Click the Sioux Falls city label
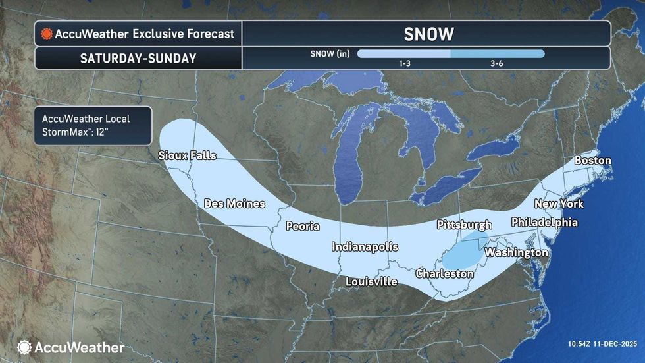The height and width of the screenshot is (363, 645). click(x=187, y=155)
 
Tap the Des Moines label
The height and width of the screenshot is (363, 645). click(x=234, y=204)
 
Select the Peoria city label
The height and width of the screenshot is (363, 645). click(x=302, y=226)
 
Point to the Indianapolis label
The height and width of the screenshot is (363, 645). click(x=365, y=247)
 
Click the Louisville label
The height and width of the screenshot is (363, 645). click(x=371, y=281)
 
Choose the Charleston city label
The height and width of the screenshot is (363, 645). click(x=444, y=273)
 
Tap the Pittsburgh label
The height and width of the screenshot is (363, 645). click(x=464, y=225)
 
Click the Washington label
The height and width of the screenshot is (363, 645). click(x=516, y=252)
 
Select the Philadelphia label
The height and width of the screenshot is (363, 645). click(x=544, y=223)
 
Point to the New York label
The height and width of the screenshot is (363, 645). click(x=559, y=204)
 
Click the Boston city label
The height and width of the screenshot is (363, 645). click(x=592, y=161)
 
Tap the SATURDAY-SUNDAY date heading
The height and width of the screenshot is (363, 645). click(x=138, y=58)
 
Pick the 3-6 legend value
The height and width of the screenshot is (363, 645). click(x=498, y=63)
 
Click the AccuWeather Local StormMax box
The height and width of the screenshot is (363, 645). click(x=93, y=125)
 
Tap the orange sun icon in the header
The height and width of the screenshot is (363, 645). click(x=46, y=34)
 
